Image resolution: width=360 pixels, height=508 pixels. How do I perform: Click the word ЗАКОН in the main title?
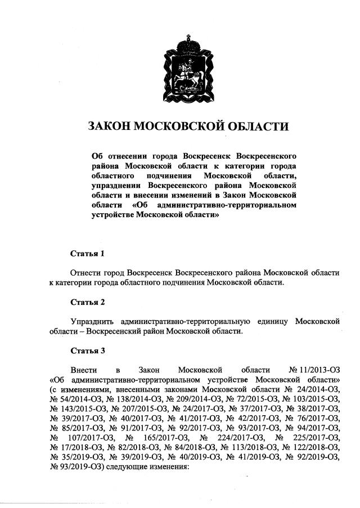tap(107, 125)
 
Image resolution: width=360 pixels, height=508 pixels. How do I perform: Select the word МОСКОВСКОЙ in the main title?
tap(177, 125)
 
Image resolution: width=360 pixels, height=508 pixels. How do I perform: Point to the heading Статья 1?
tap(87, 253)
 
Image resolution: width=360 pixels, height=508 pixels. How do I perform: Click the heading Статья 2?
tap(87, 302)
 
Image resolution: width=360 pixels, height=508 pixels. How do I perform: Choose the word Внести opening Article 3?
tap(84, 370)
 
